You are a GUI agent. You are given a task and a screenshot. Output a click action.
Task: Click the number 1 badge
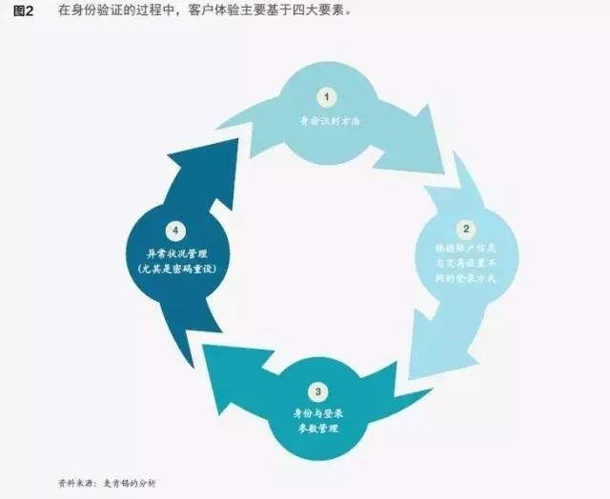coord(327,97)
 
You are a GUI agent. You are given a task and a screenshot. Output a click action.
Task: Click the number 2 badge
coord(467,229)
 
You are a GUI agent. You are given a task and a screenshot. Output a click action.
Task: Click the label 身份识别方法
coord(327,122)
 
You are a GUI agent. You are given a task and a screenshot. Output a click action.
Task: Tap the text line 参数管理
coord(315,428)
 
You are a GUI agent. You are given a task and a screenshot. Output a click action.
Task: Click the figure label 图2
coord(23,10)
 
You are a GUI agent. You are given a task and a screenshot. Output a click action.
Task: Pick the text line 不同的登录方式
coord(466,278)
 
